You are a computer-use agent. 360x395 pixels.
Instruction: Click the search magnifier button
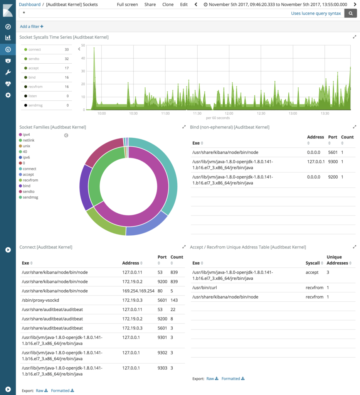pos(350,14)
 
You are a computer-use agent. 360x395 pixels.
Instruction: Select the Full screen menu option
pos(127,5)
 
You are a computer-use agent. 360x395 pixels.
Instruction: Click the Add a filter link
pos(32,27)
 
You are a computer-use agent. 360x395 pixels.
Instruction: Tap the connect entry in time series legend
pos(34,50)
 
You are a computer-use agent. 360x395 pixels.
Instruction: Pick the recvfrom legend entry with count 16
pos(35,87)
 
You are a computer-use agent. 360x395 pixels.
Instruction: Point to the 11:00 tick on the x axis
pos(165,113)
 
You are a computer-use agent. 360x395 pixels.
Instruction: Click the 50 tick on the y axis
pos(83,46)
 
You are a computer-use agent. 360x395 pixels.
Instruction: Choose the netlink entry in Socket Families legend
pos(29,140)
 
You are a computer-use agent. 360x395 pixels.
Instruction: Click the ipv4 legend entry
pos(26,135)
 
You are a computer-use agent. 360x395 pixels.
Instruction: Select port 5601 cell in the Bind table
pos(332,152)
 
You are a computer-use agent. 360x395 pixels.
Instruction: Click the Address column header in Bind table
pos(315,137)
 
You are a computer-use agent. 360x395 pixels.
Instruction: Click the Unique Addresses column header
pos(337,260)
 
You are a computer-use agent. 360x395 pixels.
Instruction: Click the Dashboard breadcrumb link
pos(30,5)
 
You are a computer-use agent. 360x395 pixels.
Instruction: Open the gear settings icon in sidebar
pos(8,95)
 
